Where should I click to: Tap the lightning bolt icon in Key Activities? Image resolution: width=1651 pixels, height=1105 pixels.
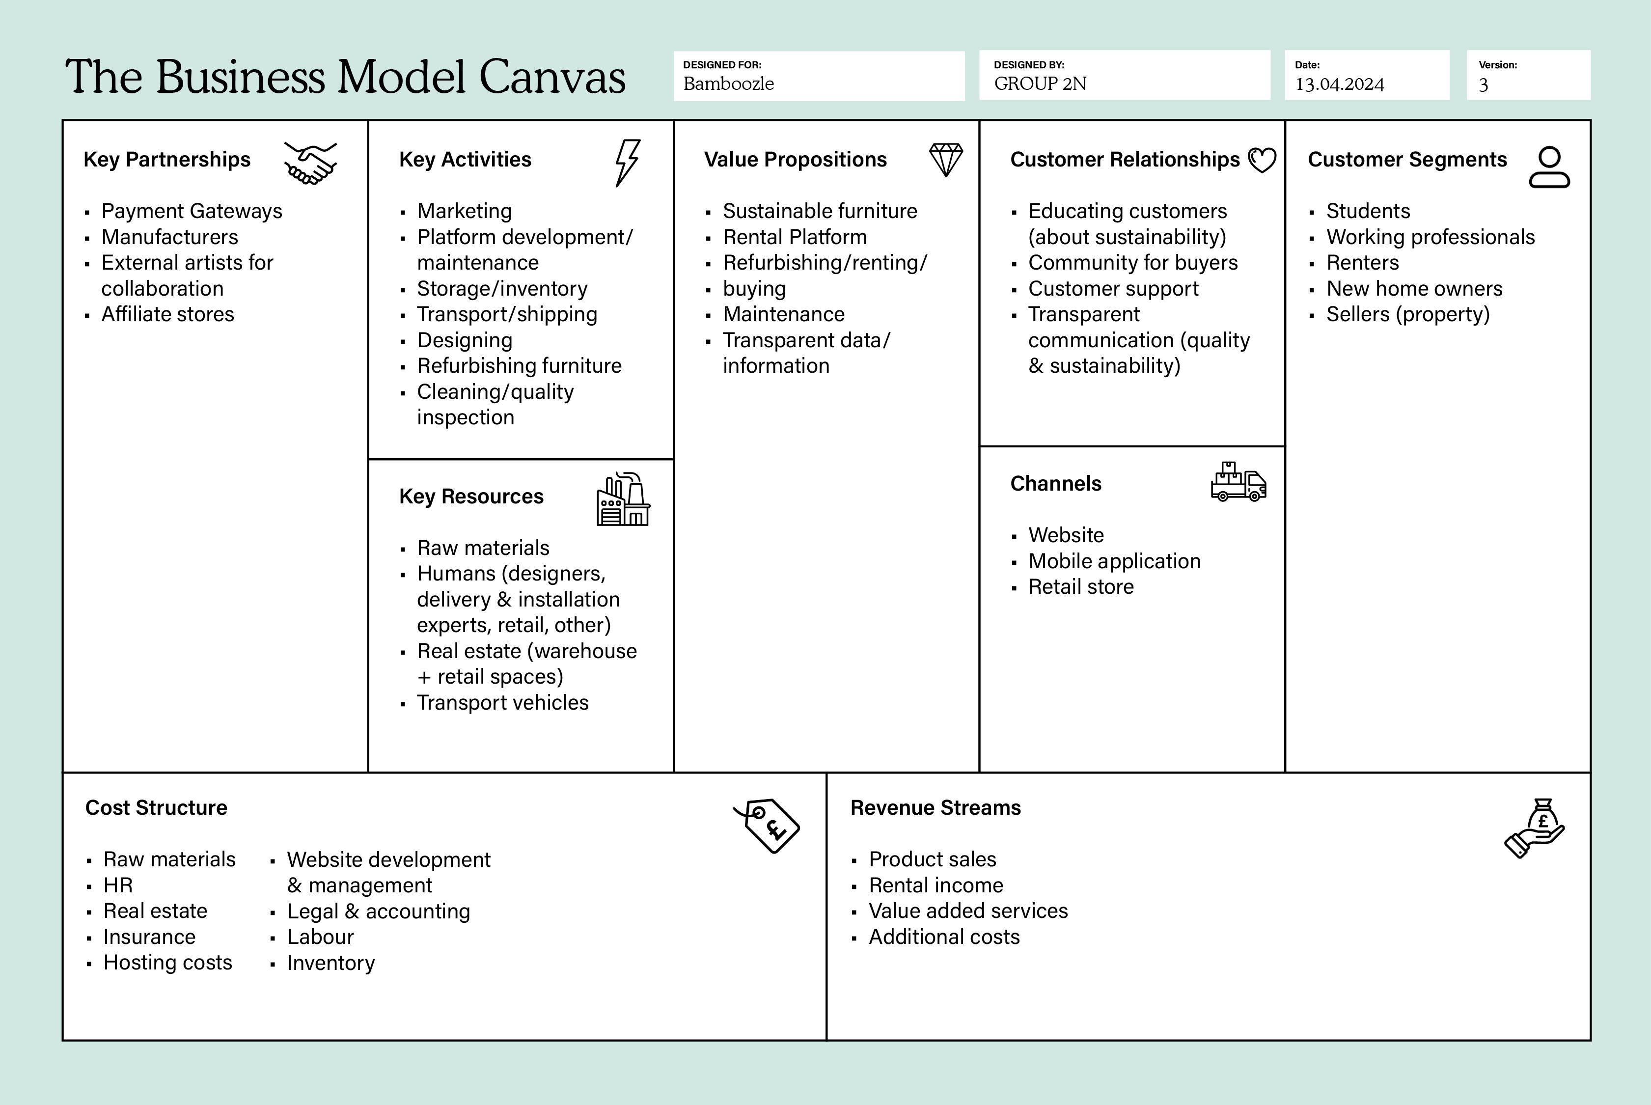[627, 163]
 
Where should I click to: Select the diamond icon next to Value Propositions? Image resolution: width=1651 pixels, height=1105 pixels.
[946, 160]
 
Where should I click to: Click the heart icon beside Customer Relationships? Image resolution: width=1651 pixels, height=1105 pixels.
[1262, 160]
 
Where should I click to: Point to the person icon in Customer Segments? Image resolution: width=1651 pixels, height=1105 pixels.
[1549, 167]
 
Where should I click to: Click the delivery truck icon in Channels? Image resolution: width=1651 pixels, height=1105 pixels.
[1238, 482]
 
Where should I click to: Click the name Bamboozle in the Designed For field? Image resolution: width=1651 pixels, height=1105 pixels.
[729, 84]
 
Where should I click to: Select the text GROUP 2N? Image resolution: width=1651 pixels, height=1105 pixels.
[1040, 84]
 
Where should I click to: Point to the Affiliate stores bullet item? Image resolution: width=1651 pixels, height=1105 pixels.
[168, 314]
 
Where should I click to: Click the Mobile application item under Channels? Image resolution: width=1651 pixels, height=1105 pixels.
[1114, 561]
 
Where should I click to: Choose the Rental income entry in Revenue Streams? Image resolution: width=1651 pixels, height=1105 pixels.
[936, 885]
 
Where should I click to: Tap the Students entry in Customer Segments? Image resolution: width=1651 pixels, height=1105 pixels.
[1368, 211]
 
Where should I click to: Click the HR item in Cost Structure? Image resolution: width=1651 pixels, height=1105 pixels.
[118, 885]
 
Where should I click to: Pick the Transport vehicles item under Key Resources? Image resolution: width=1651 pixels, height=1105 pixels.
[502, 703]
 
